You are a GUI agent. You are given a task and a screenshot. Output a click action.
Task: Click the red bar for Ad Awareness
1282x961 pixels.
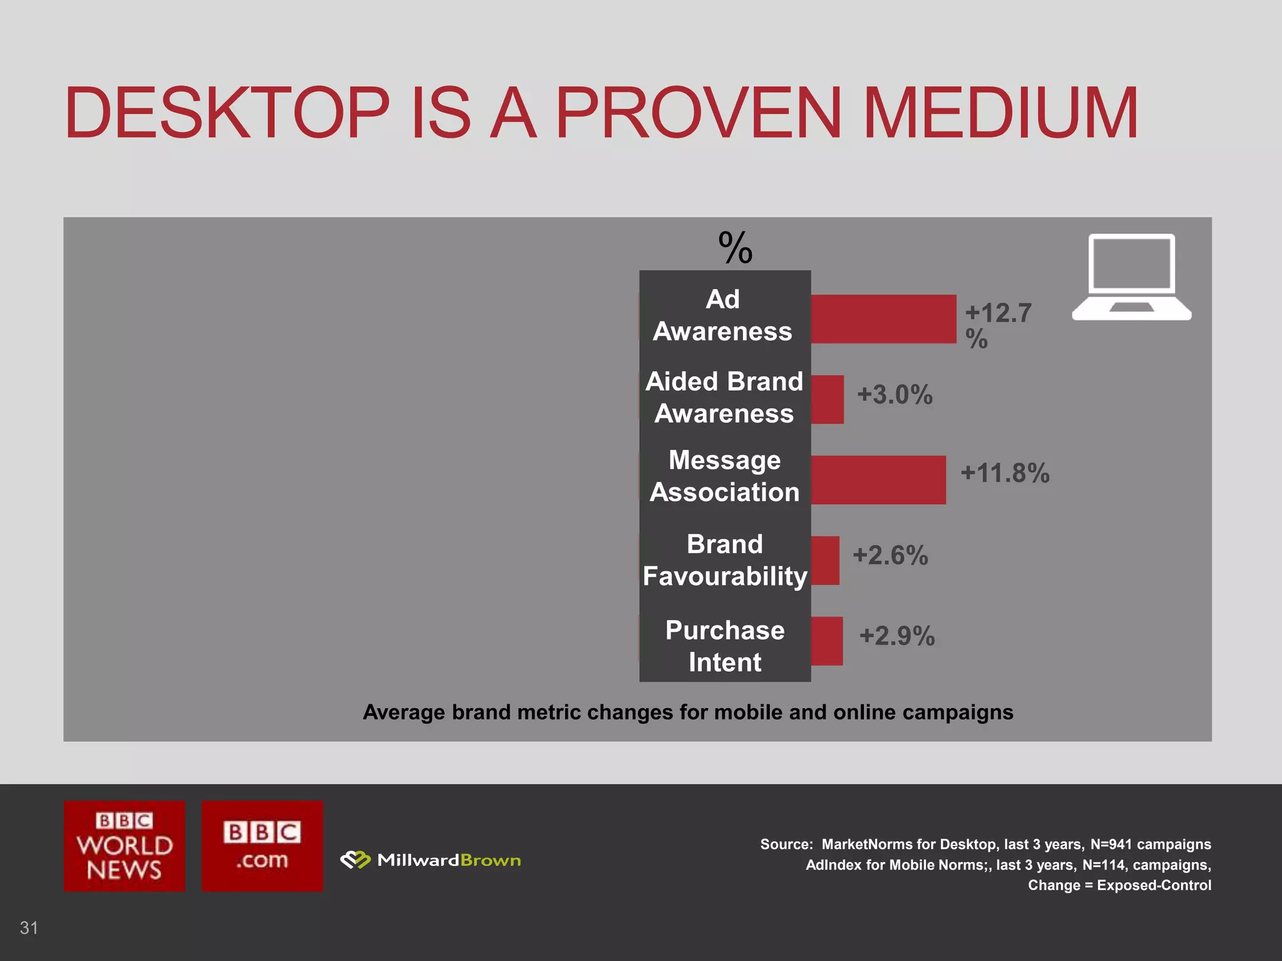[x=883, y=319]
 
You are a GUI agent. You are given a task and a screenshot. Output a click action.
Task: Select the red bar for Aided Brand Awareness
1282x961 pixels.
[x=827, y=399]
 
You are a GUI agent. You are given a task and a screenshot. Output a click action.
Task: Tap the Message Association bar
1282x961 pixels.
[x=878, y=480]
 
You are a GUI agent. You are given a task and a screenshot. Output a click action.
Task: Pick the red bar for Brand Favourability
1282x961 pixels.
[x=825, y=561]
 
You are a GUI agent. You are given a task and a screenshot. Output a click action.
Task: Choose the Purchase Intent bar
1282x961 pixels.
[x=826, y=641]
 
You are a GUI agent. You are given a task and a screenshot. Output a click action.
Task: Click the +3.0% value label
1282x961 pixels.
[x=895, y=395]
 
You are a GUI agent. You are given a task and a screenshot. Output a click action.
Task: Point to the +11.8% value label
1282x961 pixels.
[x=1005, y=473]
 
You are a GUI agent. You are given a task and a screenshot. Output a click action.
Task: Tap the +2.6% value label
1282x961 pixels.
[x=890, y=556]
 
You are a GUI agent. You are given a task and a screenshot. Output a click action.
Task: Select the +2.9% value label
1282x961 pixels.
[x=897, y=636]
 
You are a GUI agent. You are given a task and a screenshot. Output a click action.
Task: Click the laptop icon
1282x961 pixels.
[x=1131, y=277]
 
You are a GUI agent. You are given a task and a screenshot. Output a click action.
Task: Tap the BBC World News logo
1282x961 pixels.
[x=125, y=846]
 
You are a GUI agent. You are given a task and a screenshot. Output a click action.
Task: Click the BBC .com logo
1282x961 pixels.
[x=262, y=846]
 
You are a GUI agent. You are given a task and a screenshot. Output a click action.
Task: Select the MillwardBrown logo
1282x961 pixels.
[x=431, y=860]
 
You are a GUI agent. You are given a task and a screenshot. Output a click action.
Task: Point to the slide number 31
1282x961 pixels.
[x=29, y=927]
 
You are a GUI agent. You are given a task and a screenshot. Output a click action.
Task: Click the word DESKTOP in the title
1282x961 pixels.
[x=227, y=113]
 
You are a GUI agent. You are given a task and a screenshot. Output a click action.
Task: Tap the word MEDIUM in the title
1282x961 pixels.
[x=1000, y=113]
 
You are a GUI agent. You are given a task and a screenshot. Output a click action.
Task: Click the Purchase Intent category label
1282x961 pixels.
[x=725, y=646]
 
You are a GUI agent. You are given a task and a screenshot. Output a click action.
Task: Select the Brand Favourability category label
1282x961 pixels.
[x=725, y=560]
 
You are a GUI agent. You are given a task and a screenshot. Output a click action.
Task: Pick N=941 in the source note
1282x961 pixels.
[x=1111, y=844]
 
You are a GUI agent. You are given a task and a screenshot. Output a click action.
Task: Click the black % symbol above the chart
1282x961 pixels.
[x=735, y=248]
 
